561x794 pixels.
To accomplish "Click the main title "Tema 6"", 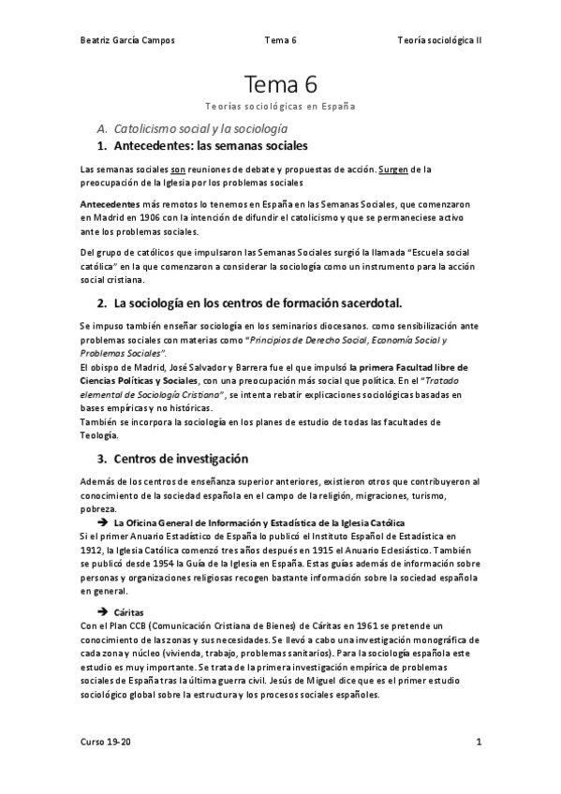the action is [280, 85].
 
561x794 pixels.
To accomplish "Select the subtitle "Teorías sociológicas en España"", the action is [280, 107].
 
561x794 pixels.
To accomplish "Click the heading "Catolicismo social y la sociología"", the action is [199, 127].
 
